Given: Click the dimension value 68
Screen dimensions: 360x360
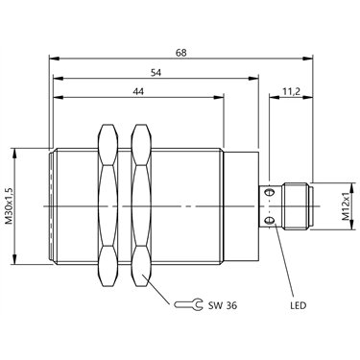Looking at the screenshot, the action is [180, 53].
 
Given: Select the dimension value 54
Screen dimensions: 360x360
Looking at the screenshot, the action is [156, 73].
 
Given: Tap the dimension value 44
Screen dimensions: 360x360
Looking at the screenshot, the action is [138, 91].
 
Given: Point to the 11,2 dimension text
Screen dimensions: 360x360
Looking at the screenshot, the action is [291, 91].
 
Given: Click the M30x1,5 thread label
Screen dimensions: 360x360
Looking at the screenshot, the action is [10, 205].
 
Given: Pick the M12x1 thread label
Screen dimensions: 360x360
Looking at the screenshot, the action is [346, 206].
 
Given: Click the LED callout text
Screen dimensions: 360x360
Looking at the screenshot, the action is [299, 305].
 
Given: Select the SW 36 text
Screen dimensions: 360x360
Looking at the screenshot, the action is [223, 305].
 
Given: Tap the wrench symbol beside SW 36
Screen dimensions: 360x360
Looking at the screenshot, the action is [188, 304].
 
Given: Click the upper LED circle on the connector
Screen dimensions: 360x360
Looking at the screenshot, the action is [271, 192].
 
